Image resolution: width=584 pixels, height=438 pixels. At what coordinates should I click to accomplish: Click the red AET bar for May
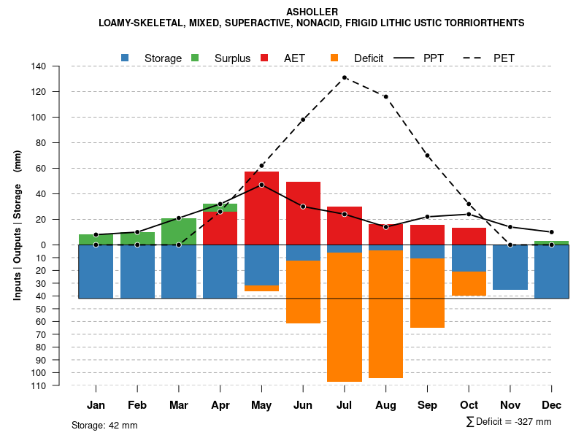pyautogui.click(x=261, y=208)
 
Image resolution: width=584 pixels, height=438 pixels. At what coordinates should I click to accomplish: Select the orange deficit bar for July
pyautogui.click(x=345, y=317)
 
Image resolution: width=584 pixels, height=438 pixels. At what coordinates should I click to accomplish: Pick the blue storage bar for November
pyautogui.click(x=510, y=267)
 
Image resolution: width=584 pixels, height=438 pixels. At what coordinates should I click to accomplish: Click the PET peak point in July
pyautogui.click(x=345, y=77)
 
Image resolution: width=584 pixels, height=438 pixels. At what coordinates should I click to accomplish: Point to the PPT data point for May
pyautogui.click(x=261, y=185)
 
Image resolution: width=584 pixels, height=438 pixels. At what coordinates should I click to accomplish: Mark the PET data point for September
pyautogui.click(x=427, y=155)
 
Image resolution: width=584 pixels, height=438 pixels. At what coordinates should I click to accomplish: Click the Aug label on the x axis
pyautogui.click(x=385, y=405)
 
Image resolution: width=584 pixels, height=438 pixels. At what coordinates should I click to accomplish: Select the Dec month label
pyautogui.click(x=551, y=405)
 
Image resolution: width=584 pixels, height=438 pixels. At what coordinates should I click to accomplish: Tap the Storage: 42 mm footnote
pyautogui.click(x=104, y=425)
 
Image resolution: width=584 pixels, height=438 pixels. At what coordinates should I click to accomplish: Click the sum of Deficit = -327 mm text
pyautogui.click(x=509, y=421)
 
